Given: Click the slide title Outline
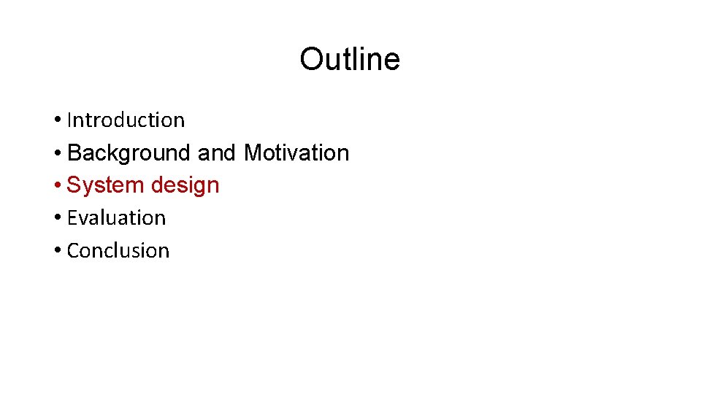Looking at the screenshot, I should [350, 59].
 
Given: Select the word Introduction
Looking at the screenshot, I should [126, 120].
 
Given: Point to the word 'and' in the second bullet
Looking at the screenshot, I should [217, 153].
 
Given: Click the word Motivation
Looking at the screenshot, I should [296, 153].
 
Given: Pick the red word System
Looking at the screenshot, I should [106, 185].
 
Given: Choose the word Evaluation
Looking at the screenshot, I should [116, 217].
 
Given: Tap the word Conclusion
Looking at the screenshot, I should [118, 250].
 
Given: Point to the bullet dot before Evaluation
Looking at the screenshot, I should [57, 218].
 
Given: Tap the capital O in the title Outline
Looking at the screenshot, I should [312, 59].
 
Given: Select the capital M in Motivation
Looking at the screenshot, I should [253, 153].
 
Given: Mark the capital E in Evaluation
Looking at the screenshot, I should [72, 217].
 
